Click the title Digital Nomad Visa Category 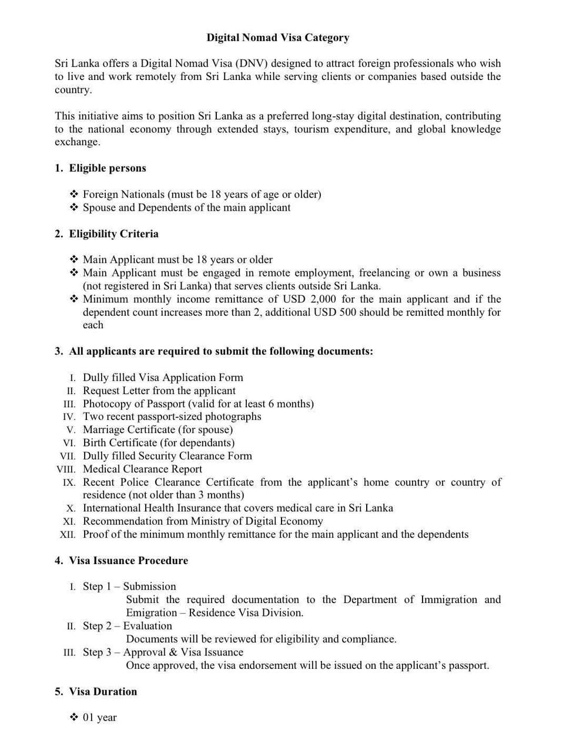tap(277, 38)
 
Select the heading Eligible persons tap(108, 168)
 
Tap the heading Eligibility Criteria tap(113, 234)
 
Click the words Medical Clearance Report tap(142, 469)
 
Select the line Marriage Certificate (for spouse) tap(157, 429)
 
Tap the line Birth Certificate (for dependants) tap(158, 442)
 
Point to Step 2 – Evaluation tap(127, 625)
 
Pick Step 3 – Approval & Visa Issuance tap(163, 652)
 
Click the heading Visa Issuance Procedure tap(128, 561)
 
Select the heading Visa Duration tap(103, 691)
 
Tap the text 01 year tap(99, 717)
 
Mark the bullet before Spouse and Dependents tap(74, 208)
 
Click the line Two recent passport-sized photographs tap(172, 417)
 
